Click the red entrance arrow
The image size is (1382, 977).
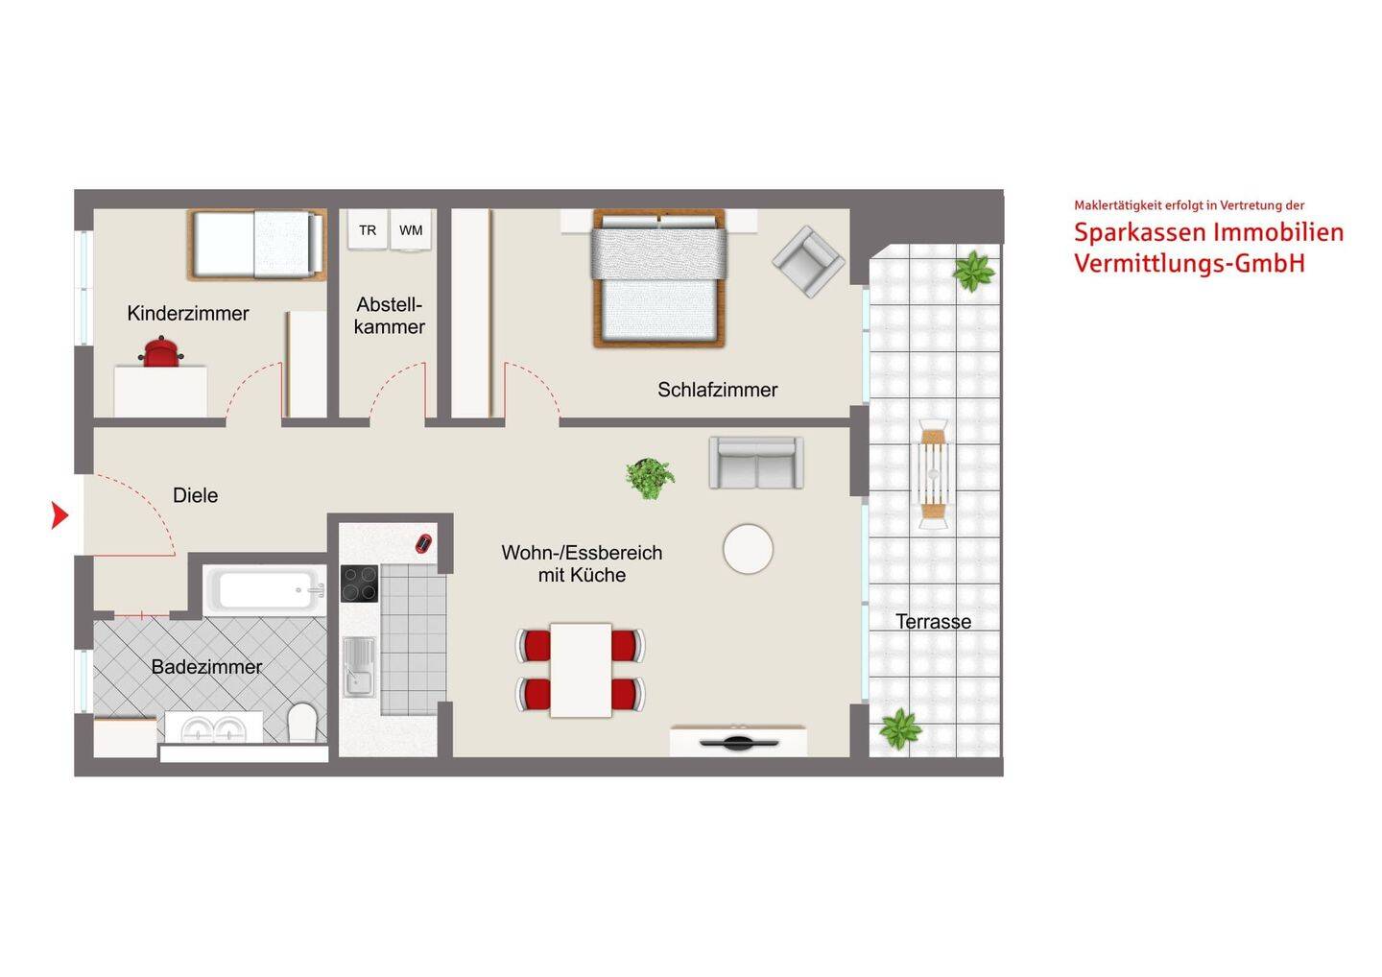coord(60,515)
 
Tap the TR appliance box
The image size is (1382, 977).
coord(368,229)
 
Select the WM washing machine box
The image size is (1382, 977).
coord(411,230)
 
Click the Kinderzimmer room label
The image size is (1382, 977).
coord(188,313)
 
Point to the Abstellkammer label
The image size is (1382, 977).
coord(390,315)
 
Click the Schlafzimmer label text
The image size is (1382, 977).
coord(718,390)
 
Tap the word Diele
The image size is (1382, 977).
coord(195,495)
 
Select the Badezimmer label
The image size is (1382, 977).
coord(206,667)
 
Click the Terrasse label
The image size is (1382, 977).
coord(934,622)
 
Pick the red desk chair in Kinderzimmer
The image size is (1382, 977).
coord(161,352)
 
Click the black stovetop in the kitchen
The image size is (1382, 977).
coord(360,584)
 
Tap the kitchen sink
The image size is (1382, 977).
coord(359,667)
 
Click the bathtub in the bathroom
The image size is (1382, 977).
coord(265,590)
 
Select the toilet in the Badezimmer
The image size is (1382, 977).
coord(302,723)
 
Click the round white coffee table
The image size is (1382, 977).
coord(748,549)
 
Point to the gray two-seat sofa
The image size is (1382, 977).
coord(756,463)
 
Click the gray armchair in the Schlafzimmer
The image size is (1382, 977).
coord(808,261)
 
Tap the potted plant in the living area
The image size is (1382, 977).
coord(650,478)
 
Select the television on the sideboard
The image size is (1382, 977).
coord(739,743)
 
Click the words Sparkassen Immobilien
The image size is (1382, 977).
coord(1208,232)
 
